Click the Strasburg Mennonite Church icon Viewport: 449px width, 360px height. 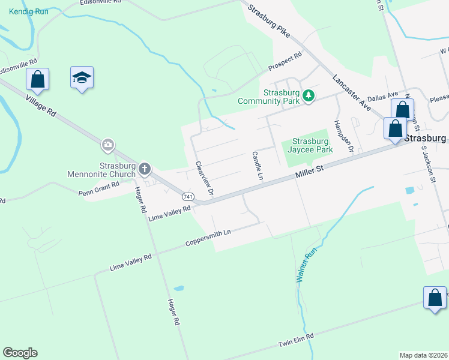coord(145,169)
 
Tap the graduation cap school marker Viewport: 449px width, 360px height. coord(82,78)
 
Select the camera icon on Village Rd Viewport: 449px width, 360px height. coord(108,144)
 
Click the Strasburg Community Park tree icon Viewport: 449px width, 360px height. coord(309,96)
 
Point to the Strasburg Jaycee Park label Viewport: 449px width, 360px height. coord(312,145)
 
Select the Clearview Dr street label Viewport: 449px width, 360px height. coord(205,178)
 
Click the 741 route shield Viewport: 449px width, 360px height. coord(188,196)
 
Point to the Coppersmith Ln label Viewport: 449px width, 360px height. coord(208,237)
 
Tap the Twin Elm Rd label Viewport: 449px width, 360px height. coord(296,341)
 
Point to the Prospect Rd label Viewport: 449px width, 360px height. coord(285,61)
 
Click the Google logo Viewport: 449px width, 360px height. coord(20,353)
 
